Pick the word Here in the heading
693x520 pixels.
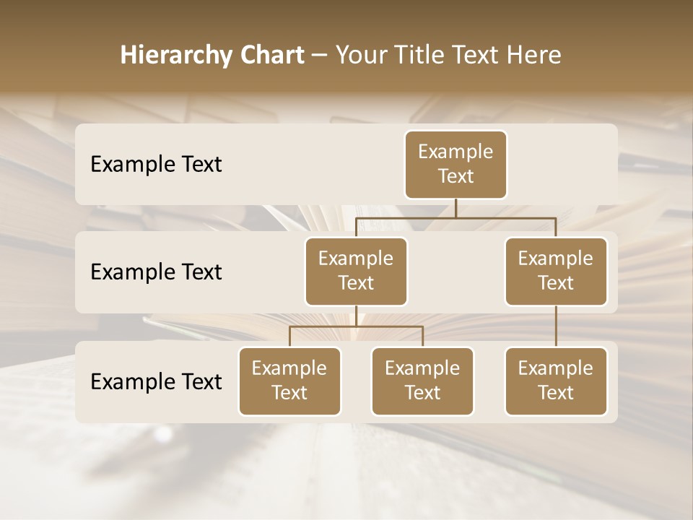pos(533,55)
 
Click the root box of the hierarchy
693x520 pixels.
pos(456,165)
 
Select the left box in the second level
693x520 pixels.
pos(356,272)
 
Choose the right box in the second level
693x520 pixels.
pos(556,272)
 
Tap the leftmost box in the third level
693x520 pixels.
pos(289,381)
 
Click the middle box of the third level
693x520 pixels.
pos(422,381)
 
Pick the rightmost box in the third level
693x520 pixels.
pos(556,381)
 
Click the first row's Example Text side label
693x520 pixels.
pos(156,165)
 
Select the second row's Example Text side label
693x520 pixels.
pos(156,272)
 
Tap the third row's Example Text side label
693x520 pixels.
pos(156,382)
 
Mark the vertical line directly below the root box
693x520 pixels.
pos(456,208)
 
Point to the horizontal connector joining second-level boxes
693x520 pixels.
pos(456,217)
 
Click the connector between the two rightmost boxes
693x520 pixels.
pos(556,326)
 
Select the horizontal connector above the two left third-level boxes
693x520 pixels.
pos(356,326)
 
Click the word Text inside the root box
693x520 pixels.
pos(456,176)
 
